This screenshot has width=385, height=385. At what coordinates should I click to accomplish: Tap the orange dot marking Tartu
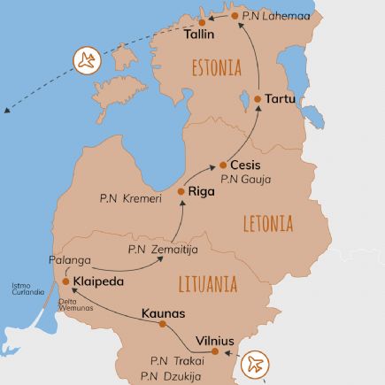click(257, 99)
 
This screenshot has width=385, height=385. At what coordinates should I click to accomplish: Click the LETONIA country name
click(267, 223)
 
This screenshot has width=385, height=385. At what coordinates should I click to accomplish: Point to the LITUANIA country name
click(207, 284)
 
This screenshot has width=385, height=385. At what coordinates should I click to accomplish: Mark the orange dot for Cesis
click(222, 166)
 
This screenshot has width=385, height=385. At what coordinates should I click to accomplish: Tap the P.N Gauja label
click(245, 180)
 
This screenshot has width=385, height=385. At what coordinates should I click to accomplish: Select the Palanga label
click(69, 260)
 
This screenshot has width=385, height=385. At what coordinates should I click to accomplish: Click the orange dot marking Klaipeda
click(65, 282)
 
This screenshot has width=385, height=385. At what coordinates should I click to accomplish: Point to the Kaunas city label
click(163, 312)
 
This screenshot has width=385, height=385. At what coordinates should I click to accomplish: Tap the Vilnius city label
click(214, 341)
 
